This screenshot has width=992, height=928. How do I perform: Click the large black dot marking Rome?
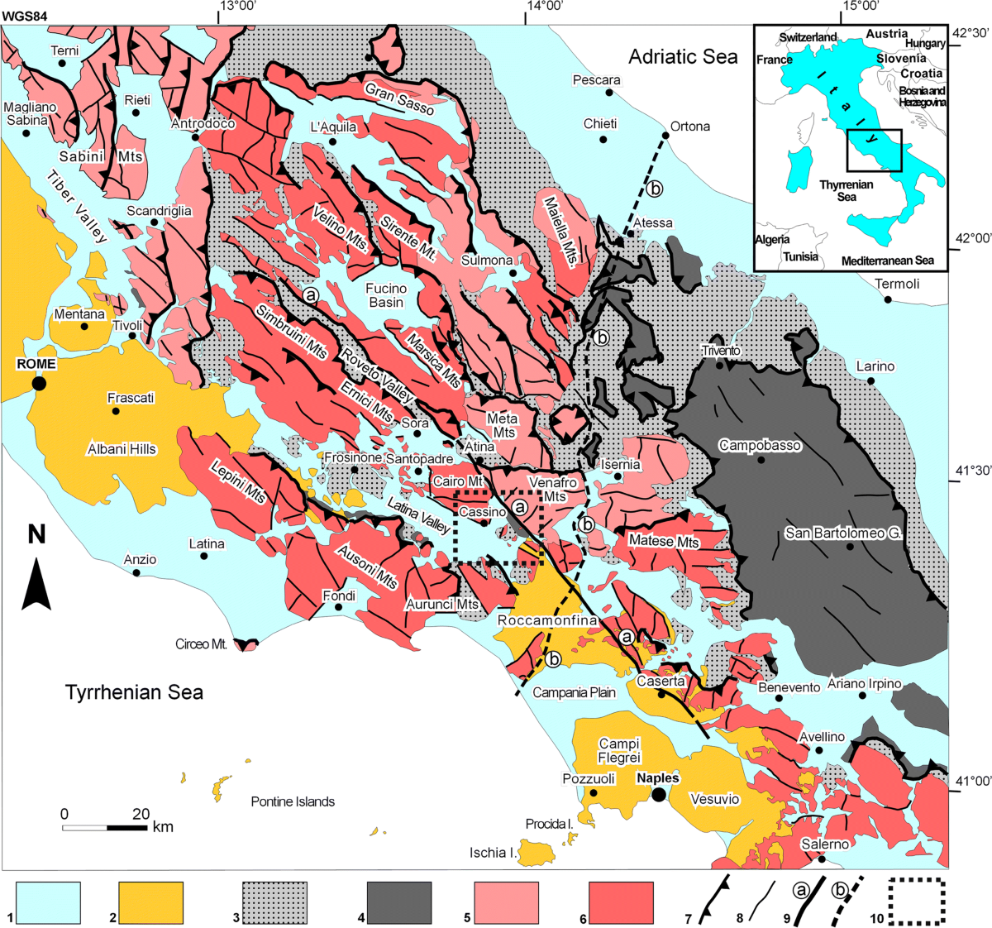click(38, 383)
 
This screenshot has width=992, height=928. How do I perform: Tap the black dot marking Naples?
click(658, 795)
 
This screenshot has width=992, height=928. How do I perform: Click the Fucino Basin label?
click(386, 295)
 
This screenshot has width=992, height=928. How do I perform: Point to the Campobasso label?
click(760, 446)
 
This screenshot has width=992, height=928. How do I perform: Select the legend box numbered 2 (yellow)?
click(150, 902)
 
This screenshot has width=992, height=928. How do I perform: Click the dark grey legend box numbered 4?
click(399, 902)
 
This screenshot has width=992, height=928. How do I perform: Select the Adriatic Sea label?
click(683, 56)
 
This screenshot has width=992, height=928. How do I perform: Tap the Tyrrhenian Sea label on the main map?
click(134, 692)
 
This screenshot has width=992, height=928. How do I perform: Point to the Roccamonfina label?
click(547, 620)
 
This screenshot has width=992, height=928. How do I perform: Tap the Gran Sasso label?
click(399, 99)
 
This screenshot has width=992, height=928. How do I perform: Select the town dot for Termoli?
click(887, 299)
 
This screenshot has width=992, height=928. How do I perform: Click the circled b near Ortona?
click(655, 189)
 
